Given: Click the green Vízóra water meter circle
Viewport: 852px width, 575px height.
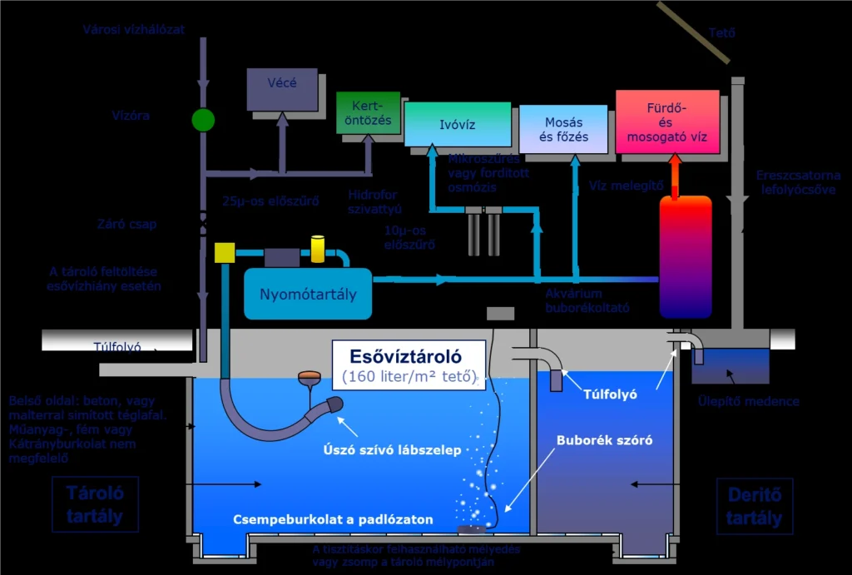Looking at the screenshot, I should (x=203, y=120).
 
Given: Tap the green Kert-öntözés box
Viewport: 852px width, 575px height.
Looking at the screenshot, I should (x=368, y=114).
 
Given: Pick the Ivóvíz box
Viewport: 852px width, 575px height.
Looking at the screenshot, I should (x=457, y=124).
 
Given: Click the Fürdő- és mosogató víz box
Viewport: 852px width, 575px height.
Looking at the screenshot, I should (x=667, y=122).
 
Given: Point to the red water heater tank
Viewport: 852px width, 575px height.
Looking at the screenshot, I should (x=686, y=257).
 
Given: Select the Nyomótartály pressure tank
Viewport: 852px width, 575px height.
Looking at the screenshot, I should (x=308, y=294).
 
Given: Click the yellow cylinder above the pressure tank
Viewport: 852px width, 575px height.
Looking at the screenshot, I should (x=317, y=248).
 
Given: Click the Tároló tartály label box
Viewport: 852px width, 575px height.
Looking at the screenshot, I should (x=95, y=504).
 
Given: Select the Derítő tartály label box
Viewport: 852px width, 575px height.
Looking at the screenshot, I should (x=754, y=506).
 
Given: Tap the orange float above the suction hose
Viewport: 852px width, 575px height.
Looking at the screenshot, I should (x=310, y=377).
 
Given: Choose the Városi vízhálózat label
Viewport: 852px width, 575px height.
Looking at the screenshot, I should (x=134, y=30).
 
